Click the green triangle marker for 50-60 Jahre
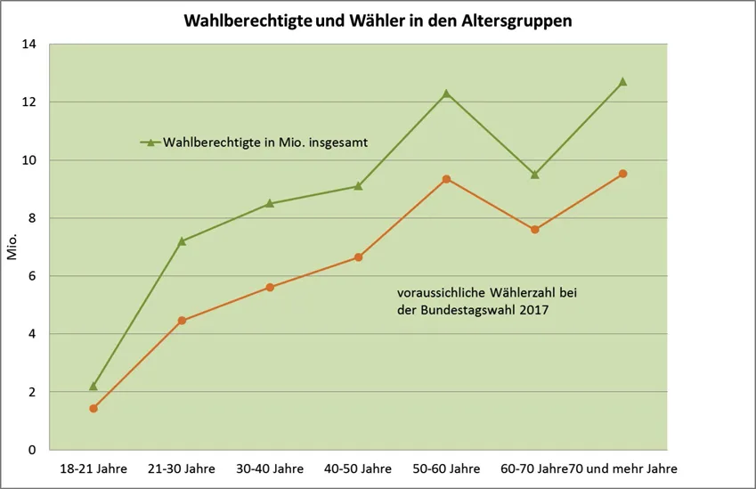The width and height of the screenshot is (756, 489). point(446,93)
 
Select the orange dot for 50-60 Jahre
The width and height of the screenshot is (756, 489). point(446,179)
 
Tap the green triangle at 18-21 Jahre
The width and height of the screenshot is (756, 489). point(93,386)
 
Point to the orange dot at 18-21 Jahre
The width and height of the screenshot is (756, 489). point(93,408)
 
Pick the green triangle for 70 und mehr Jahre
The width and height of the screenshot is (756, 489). point(622,81)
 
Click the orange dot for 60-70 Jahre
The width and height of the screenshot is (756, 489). point(534,230)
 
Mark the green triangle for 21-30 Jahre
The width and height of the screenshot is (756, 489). point(182,240)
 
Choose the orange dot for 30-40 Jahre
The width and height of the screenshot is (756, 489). point(270,288)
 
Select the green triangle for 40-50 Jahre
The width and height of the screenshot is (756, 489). point(358,186)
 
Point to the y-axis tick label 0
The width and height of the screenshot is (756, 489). point(32,450)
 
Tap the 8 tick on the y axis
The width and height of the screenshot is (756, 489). point(32,218)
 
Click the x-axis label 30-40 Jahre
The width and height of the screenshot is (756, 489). point(270,469)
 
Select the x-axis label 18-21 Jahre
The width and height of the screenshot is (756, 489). point(93,469)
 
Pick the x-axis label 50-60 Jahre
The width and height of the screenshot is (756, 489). point(446,469)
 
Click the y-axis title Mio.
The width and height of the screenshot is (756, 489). point(12,247)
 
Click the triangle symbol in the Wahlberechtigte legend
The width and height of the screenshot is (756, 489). point(150,142)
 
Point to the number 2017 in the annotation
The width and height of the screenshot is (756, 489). point(531,310)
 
